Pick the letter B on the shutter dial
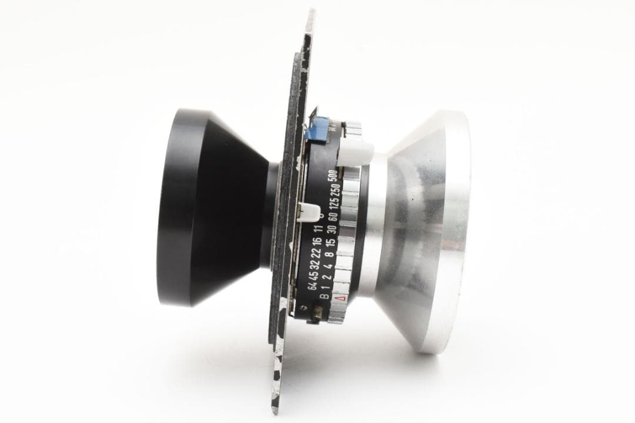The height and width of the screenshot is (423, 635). pyautogui.click(x=325, y=297)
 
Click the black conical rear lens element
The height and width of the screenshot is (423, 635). pyautogui.click(x=212, y=209)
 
